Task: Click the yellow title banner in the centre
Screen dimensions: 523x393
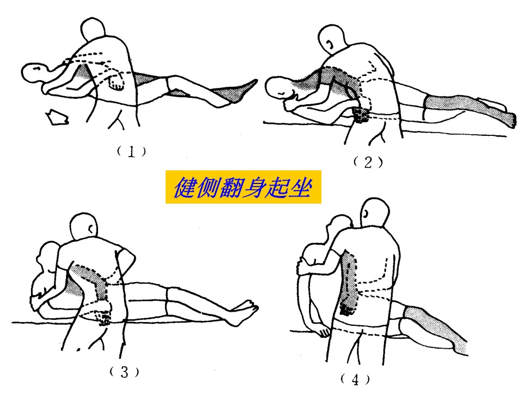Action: coord(243,187)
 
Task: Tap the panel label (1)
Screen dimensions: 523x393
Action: coord(131,152)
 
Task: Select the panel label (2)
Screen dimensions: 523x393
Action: coord(368,163)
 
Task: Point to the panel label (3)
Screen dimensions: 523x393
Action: coord(124,372)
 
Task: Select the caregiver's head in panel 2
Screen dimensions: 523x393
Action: coord(332,38)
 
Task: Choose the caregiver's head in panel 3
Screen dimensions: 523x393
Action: coord(84,227)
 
